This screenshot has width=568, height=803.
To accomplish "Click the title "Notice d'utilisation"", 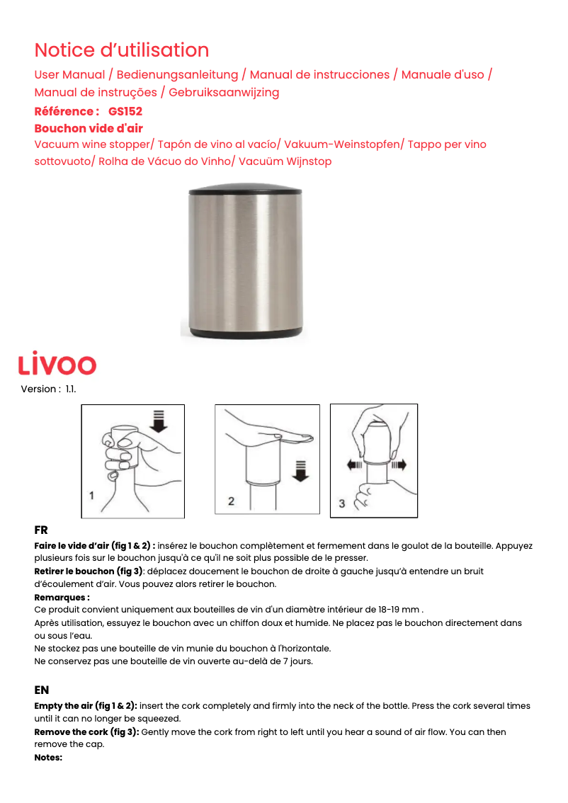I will point(121,50).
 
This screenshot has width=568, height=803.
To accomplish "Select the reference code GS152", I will point(125,111).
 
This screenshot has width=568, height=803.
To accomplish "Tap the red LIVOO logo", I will point(57,364).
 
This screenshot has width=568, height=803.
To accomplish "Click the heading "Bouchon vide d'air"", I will point(89,128).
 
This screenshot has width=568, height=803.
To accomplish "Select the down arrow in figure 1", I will point(159,421).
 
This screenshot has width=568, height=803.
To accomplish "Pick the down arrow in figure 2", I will point(301,470).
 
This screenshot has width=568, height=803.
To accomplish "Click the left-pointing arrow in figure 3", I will point(354,465).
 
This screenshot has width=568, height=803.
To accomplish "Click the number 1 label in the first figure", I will point(91,496).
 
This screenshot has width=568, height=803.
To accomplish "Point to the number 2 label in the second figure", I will point(231,501).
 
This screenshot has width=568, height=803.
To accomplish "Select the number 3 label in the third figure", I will point(342,503).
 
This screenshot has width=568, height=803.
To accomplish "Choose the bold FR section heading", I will point(41,530).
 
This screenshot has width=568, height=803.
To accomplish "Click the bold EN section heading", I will point(42,690).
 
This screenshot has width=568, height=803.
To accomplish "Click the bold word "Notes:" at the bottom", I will point(48,757).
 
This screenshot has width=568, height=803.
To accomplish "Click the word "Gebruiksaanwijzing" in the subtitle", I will point(224,92).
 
